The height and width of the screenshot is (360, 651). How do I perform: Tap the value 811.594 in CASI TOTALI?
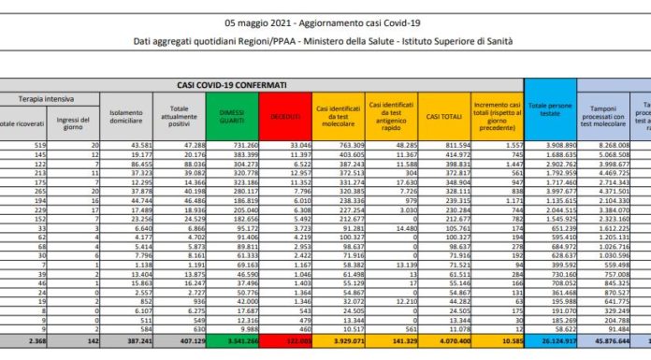(442, 145)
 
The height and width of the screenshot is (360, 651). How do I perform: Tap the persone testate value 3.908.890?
(554, 145)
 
